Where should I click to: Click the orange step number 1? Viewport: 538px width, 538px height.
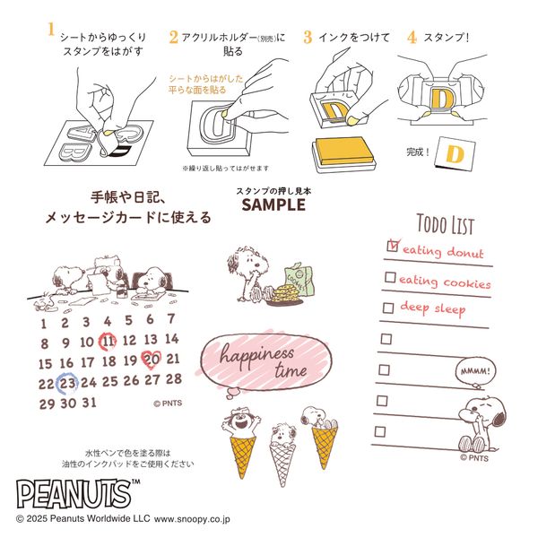coord(51,30)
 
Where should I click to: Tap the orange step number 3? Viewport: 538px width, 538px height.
coord(308,38)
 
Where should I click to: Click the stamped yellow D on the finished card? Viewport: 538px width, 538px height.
coord(455,154)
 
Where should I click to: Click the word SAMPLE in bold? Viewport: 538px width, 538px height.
coord(273,204)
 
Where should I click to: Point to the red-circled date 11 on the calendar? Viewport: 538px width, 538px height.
coord(108,342)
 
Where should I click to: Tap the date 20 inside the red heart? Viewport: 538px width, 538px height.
coord(151,360)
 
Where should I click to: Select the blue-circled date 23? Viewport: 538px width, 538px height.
coord(68,383)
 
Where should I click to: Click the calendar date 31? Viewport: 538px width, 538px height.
coord(89,402)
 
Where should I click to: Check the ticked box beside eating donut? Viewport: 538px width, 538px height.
coord(393,246)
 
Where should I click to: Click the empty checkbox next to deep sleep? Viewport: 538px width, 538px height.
coord(388,308)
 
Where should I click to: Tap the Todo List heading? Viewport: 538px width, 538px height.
coord(446,224)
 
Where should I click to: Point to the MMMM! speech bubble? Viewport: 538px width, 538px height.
coord(475,371)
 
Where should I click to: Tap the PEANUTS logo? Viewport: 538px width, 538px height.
coord(74,494)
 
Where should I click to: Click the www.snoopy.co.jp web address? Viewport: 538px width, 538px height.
coord(192,519)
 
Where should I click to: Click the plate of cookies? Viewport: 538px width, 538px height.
coord(284,295)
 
